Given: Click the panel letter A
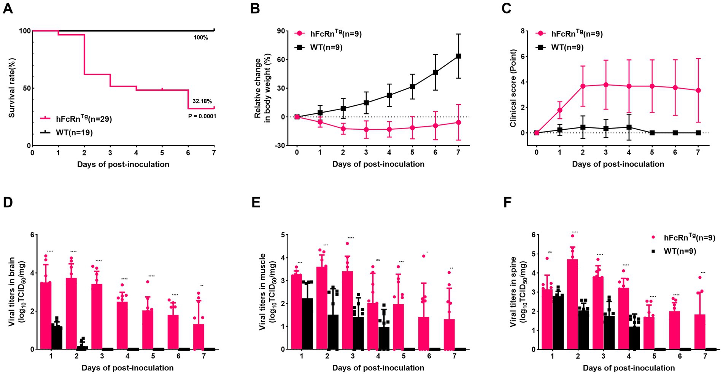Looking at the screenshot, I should click(x=8, y=8).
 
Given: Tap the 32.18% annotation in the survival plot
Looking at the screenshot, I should click(x=202, y=102).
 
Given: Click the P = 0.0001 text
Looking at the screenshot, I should click(x=202, y=116).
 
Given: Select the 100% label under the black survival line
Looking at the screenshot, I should click(x=200, y=38).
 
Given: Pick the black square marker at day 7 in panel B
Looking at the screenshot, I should click(x=458, y=56).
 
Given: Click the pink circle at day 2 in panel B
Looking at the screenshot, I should click(x=343, y=129).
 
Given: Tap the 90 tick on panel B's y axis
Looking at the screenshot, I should click(x=281, y=31).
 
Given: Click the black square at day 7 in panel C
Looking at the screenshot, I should click(x=698, y=133).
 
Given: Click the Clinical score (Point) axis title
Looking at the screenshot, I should click(x=513, y=88).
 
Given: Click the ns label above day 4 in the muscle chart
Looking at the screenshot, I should click(x=378, y=260).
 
